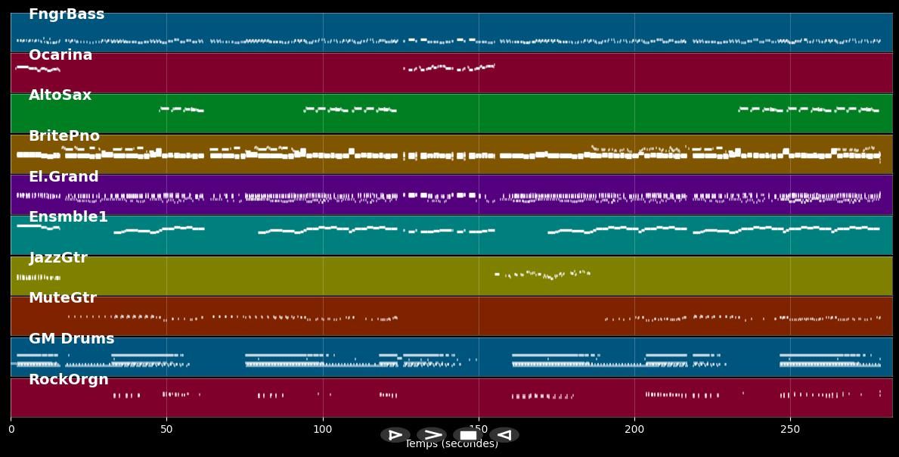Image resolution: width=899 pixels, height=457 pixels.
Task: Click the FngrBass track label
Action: tap(67, 14)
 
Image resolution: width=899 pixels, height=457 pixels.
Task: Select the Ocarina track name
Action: tap(60, 55)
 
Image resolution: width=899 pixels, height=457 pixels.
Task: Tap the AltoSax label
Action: tap(60, 95)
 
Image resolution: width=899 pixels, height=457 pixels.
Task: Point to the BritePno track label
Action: tap(64, 136)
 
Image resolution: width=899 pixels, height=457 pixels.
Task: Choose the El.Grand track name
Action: tap(64, 177)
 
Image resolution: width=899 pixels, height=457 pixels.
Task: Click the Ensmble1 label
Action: tap(68, 217)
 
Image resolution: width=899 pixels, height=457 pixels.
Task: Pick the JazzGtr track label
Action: tap(58, 258)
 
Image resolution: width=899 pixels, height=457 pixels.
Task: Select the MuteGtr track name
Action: tap(63, 298)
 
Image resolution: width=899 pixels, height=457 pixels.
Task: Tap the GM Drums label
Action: tap(71, 339)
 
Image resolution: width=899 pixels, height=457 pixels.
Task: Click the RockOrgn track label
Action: tap(69, 380)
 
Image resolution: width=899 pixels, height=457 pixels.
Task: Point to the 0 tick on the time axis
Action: tap(11, 429)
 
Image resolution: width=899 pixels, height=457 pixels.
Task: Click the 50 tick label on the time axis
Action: tap(166, 429)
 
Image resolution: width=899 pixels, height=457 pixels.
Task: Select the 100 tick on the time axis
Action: tap(323, 429)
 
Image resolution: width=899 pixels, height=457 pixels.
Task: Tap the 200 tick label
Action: tap(634, 429)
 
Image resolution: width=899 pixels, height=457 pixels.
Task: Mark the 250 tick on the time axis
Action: tap(790, 429)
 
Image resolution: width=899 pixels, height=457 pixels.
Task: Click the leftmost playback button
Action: tap(395, 435)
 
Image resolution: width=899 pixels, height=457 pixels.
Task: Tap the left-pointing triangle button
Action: tap(504, 435)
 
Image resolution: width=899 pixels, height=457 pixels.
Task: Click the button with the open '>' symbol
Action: tap(432, 435)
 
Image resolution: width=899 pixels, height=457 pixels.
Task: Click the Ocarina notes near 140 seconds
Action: tap(448, 68)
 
